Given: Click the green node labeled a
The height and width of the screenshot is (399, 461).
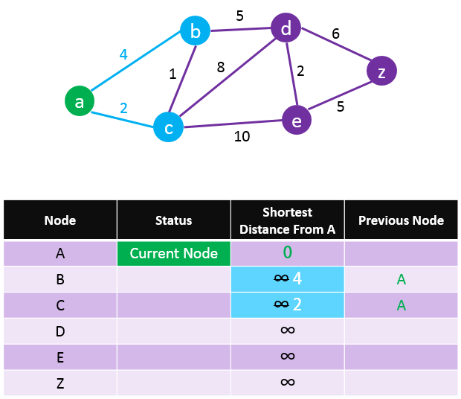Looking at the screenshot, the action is coord(80,101).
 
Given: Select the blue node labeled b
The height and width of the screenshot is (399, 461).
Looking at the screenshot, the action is coord(196,31).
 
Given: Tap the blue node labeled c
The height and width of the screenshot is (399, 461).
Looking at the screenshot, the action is coord(169,127).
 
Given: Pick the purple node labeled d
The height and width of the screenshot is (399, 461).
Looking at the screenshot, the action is coord(286,28).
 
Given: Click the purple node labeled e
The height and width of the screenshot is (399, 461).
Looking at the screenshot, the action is coord(297,120).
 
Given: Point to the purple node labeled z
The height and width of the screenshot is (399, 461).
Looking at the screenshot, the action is coord(381,71).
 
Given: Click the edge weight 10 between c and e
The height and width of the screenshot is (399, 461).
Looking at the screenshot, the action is coord(242,136).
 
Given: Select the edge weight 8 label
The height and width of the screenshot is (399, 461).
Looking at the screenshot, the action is coord(221,67).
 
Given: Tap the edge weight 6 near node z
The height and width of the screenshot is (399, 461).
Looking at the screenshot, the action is coord(336,33).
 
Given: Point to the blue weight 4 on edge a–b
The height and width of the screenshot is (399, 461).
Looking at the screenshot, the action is coord(123,54).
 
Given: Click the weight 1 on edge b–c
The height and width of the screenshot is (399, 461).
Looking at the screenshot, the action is coord(173,74).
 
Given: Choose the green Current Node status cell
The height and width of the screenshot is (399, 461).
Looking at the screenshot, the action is coord(174,253).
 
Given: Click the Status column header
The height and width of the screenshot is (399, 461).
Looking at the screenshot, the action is coord(174,220).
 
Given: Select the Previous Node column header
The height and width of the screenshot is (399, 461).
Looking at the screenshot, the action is coord(401,220).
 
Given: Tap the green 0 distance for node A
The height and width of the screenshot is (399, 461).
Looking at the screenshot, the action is coord(288,252).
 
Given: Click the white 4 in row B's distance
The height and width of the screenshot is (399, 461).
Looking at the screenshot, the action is coord(297,278).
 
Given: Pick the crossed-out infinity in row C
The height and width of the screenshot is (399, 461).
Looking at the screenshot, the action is coord(281,304).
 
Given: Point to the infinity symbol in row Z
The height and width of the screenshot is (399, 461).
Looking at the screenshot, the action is coord(288,382).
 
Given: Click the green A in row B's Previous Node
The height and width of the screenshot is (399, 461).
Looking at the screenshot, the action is coord(401,279).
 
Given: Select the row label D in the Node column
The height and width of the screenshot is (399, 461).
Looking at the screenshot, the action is coord(60,331).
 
